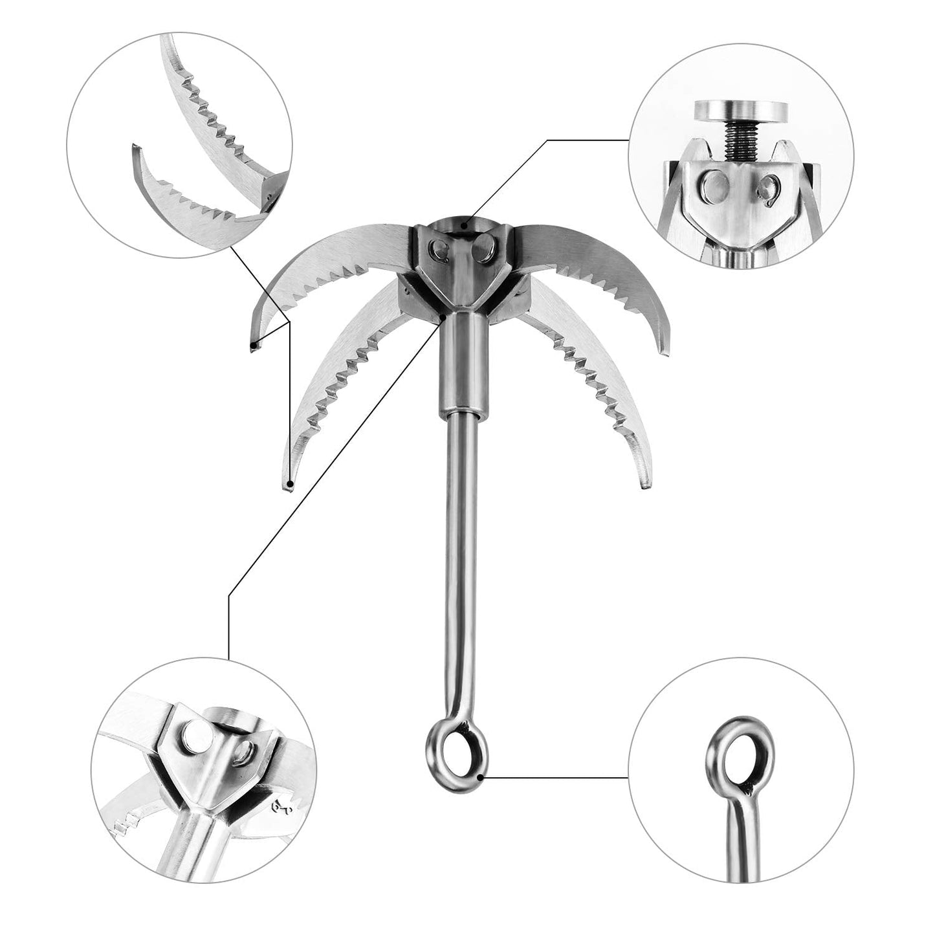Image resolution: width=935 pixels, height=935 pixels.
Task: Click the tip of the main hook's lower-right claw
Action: click(x=644, y=481)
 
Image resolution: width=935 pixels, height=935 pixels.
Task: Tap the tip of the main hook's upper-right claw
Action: click(x=663, y=350)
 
